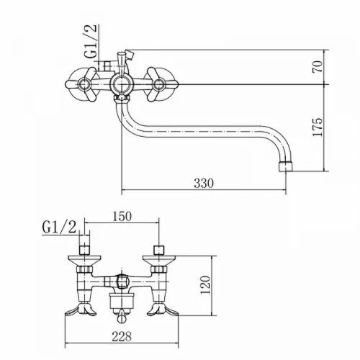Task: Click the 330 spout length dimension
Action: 204,184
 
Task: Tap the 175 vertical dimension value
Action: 318,127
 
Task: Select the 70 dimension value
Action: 318,67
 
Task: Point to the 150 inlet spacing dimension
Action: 122,216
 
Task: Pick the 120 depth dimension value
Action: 205,285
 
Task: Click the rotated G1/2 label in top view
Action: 91,41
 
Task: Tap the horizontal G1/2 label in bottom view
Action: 59,227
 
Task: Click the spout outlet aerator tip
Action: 286,166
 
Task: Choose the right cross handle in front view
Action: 160,84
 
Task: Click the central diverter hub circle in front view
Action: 120,84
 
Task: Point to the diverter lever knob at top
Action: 125,55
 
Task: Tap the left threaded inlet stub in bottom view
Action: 84,250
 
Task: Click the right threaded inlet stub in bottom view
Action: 159,250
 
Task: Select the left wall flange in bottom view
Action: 85,261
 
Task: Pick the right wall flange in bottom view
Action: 159,261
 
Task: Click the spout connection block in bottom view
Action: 122,301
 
